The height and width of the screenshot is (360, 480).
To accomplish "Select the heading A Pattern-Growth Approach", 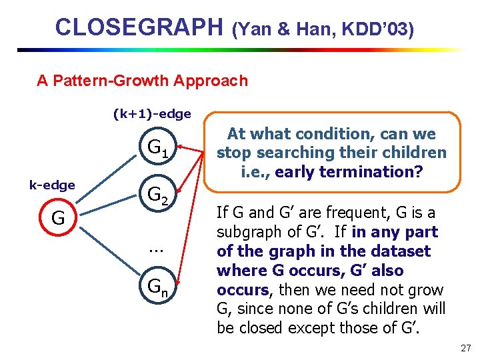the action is click(x=142, y=81).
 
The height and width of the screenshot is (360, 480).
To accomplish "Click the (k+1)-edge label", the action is click(x=152, y=114).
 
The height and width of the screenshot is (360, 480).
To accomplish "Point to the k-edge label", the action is click(x=51, y=185).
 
